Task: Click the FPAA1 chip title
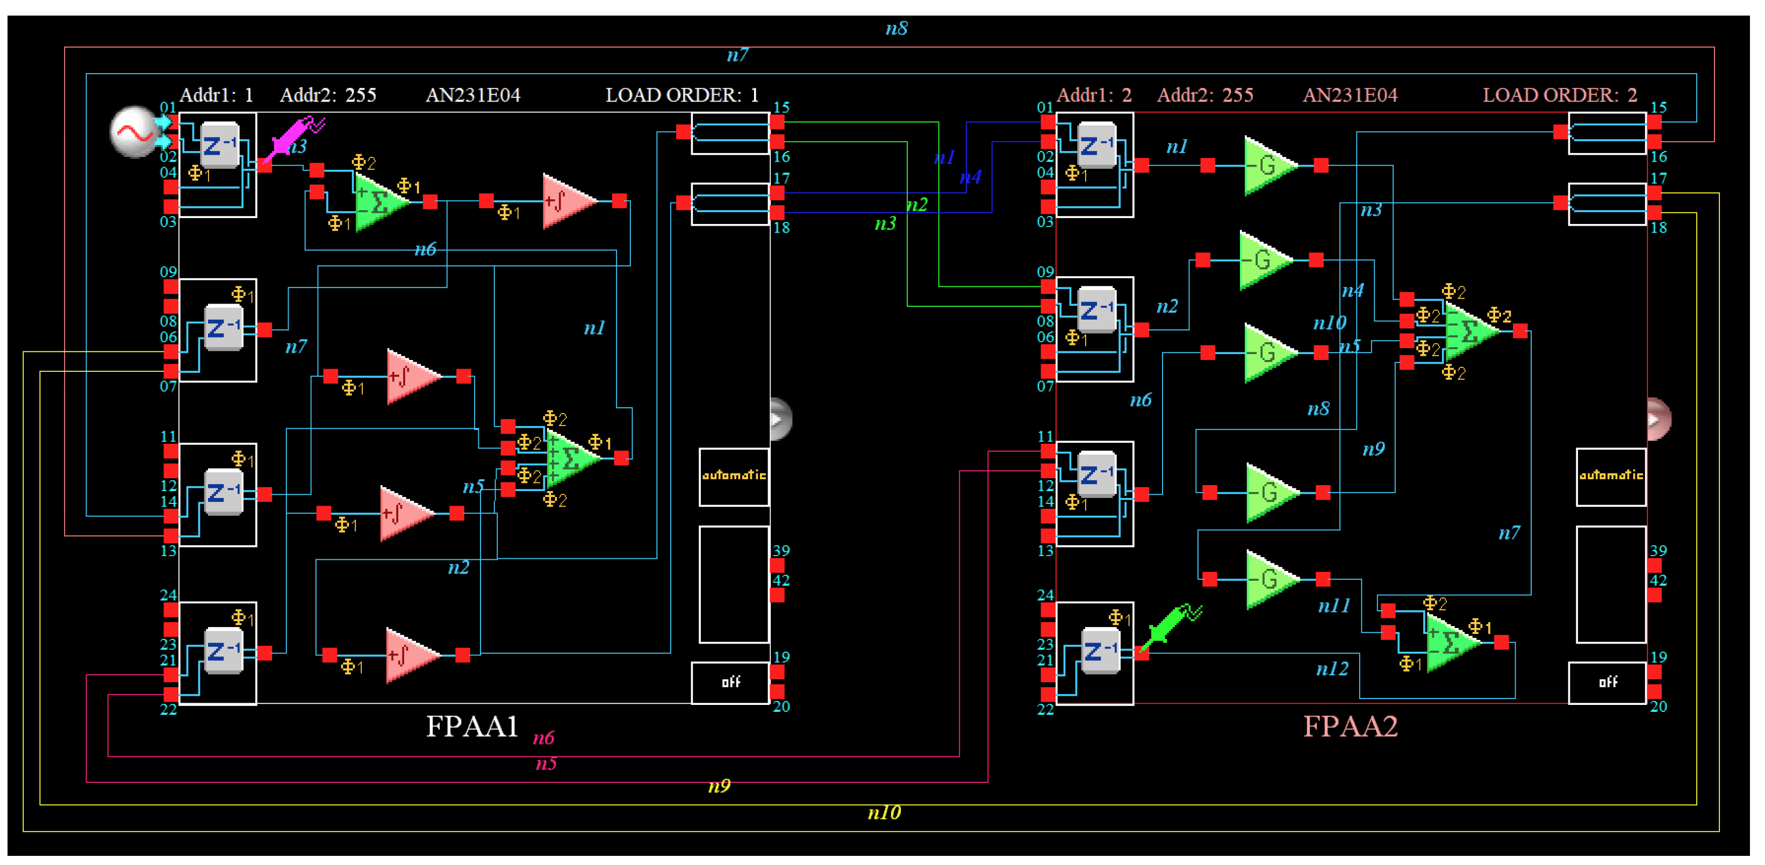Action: [471, 726]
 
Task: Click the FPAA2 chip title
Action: [1350, 726]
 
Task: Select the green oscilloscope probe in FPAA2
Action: [1170, 625]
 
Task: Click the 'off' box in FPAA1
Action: [730, 682]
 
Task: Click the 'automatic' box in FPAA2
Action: [1611, 476]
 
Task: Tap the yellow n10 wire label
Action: [884, 813]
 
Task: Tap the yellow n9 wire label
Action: [719, 786]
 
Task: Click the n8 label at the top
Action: [896, 29]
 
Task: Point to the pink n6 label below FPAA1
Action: [543, 738]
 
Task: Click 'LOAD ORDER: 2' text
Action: [1560, 95]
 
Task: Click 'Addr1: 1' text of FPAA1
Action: [216, 95]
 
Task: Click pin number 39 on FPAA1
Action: [781, 551]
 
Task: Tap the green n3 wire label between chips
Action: [885, 224]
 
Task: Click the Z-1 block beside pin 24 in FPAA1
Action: [224, 651]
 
